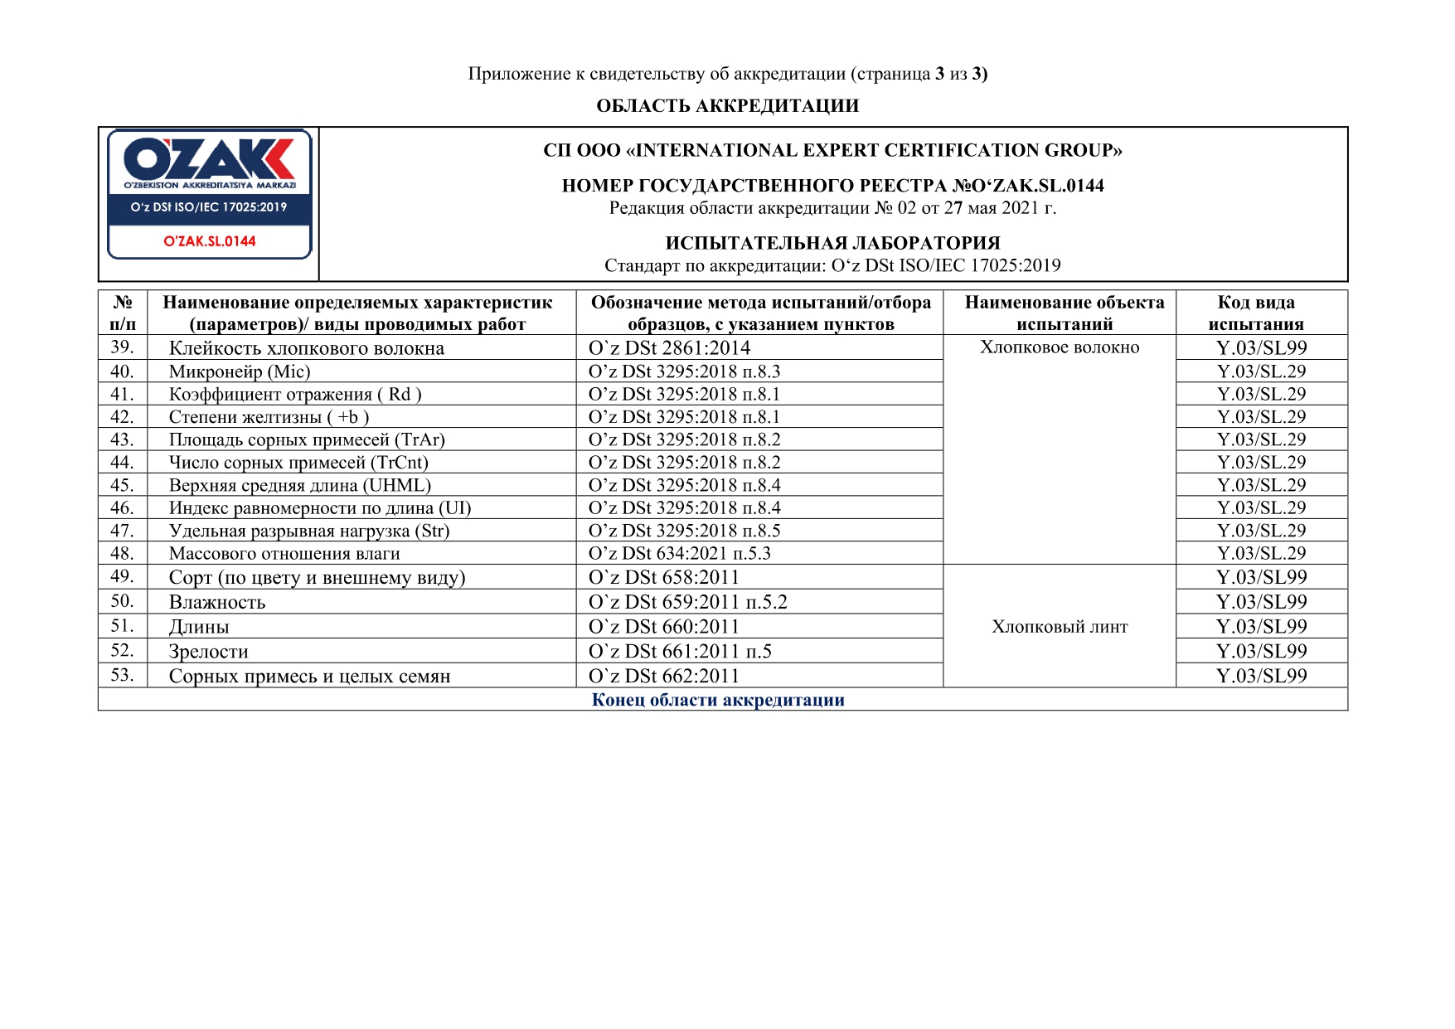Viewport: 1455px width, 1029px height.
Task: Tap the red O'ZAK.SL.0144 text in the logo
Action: click(209, 241)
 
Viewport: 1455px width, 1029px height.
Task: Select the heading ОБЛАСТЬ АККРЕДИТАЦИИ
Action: click(727, 106)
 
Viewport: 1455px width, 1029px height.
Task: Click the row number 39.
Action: click(122, 347)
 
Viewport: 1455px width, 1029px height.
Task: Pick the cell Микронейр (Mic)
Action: click(240, 371)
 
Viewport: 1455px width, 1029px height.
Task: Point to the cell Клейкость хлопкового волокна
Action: click(307, 348)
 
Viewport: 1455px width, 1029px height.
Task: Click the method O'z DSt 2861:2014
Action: click(669, 348)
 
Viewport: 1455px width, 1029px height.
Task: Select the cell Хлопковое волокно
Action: click(1060, 347)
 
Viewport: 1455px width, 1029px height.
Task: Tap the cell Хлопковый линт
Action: click(1060, 627)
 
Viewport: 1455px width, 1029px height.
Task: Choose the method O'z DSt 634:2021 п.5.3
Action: click(679, 553)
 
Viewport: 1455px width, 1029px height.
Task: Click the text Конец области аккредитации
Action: click(718, 700)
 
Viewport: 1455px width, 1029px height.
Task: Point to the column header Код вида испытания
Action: click(1256, 313)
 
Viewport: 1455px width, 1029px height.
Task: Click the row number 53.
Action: click(122, 675)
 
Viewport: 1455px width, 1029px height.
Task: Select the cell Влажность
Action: click(217, 602)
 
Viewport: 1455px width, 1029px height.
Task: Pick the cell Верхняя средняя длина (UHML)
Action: click(300, 485)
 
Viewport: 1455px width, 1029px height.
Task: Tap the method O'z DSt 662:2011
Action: click(663, 676)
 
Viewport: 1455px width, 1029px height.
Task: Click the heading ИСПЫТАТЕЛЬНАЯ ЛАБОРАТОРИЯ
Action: click(832, 243)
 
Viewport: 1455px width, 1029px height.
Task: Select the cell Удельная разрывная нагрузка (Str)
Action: click(309, 531)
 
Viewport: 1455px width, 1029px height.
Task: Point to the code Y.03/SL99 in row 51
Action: click(1261, 627)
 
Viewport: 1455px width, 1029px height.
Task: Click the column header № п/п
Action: click(123, 313)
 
